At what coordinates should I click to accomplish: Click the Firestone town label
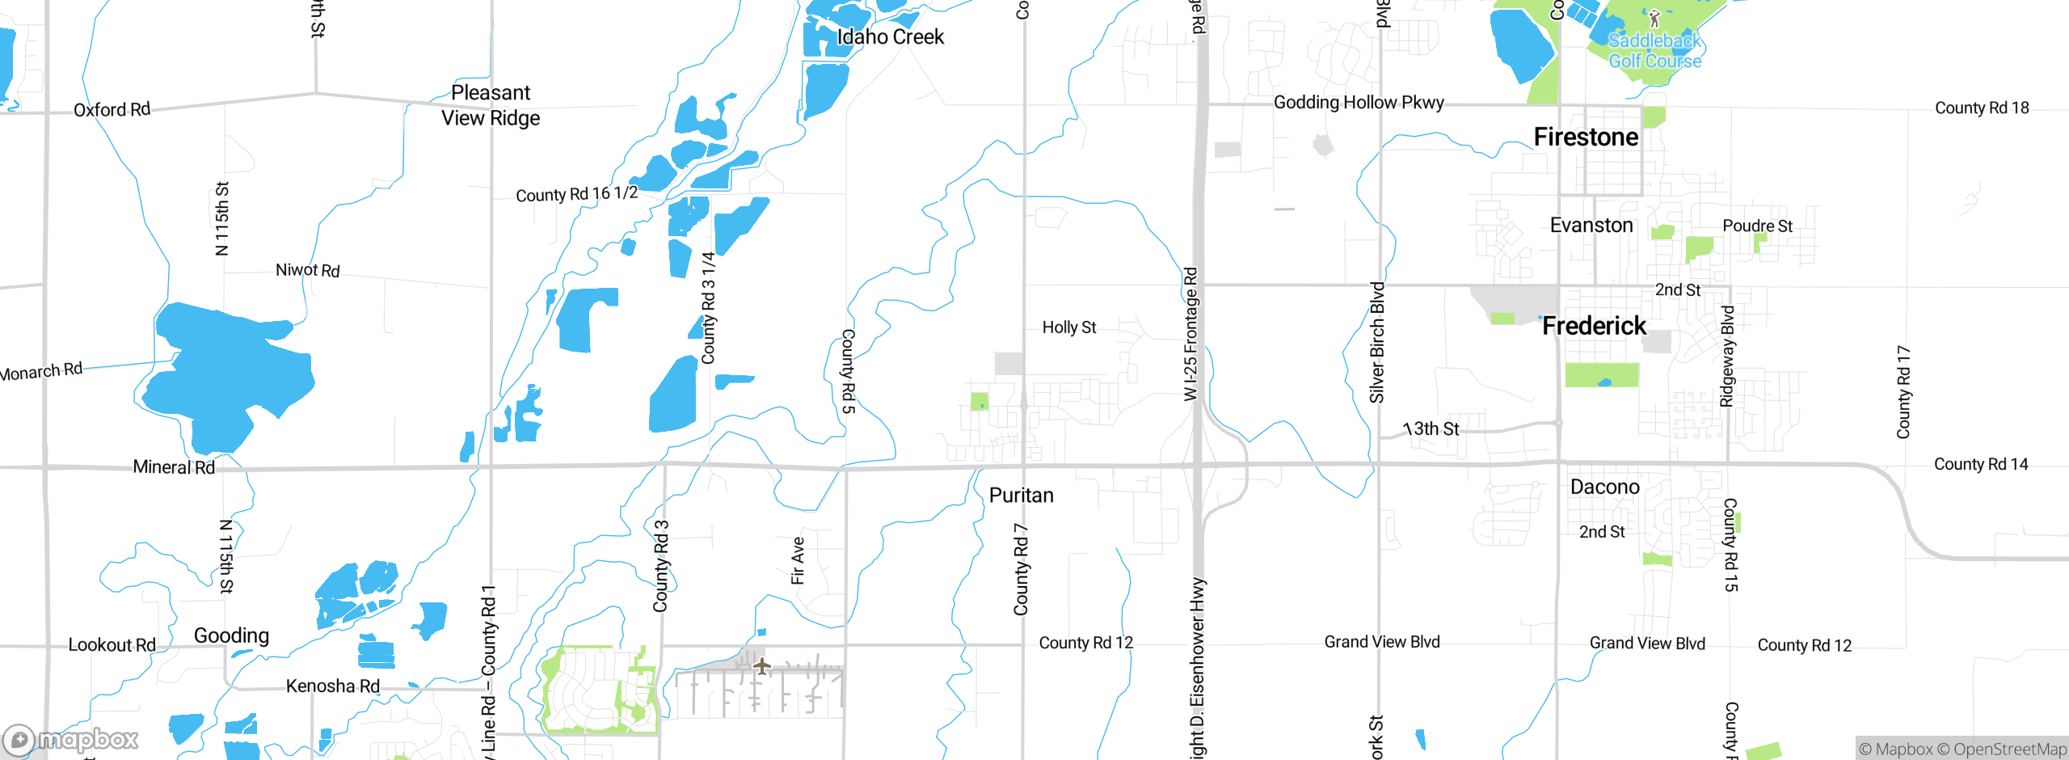(1586, 137)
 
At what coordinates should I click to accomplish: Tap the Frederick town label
(1594, 326)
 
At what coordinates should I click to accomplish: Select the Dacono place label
(1604, 487)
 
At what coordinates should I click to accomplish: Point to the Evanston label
(1591, 226)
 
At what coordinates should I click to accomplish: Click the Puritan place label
(1021, 496)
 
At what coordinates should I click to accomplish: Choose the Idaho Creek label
(890, 37)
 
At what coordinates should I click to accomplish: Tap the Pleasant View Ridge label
(491, 105)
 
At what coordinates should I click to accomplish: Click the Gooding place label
(231, 635)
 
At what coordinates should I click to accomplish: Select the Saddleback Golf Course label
(1654, 51)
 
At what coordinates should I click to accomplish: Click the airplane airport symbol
(761, 666)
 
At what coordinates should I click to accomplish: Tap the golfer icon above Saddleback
(1654, 18)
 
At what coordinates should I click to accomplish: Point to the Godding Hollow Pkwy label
(1359, 103)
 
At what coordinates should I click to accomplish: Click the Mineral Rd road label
(174, 467)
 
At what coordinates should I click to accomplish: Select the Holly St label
(1068, 327)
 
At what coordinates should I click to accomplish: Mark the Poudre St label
(1757, 226)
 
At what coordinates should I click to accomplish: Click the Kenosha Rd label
(332, 686)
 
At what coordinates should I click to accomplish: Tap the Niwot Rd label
(307, 270)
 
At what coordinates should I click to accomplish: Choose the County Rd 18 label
(1981, 108)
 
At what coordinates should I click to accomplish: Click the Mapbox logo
(71, 739)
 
